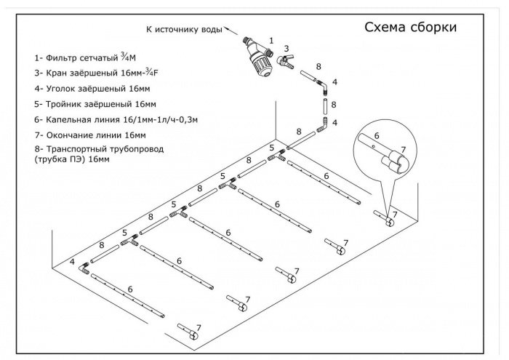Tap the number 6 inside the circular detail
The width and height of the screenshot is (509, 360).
(x=377, y=135)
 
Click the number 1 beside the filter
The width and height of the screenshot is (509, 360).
(x=271, y=41)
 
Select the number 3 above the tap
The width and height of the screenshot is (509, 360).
(x=287, y=48)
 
